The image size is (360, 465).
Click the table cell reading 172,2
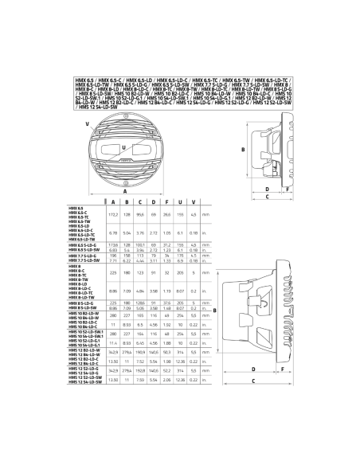113,215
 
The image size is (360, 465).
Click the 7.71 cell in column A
113,260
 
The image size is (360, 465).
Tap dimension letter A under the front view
126,191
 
